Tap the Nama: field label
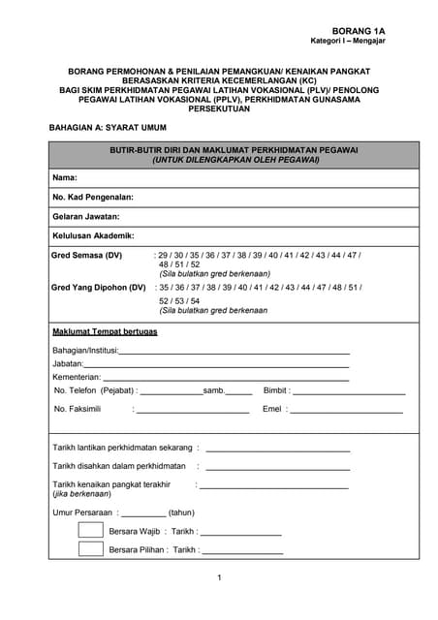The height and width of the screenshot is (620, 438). coord(64,178)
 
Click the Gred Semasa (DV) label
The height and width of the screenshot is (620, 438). coord(87,255)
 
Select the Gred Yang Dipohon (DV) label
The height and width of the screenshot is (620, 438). coord(98,288)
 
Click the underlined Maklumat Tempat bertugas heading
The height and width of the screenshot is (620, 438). coord(105,331)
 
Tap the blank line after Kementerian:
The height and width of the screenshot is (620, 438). coord(225,379)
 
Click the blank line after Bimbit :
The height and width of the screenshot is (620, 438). coord(349,393)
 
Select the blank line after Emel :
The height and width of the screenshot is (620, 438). coord(346,413)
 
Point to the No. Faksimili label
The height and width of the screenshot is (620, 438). coord(78,410)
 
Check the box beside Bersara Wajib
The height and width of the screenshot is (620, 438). coord(90,531)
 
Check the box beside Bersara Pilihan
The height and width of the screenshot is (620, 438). coord(90,549)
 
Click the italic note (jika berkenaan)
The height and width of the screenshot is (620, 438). coord(80,494)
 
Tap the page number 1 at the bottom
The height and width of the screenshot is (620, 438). coord(220,578)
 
